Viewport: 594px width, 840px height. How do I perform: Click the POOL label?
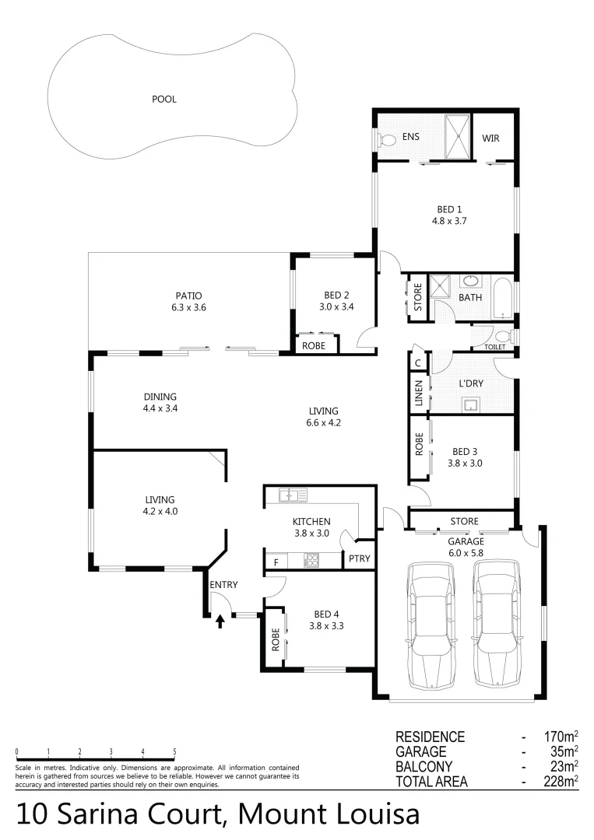[164, 99]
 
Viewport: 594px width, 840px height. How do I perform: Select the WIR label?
[490, 138]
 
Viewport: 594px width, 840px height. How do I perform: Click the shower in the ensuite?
[458, 136]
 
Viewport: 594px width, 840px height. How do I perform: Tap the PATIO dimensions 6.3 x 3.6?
[188, 307]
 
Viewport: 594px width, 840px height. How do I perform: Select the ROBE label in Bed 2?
[315, 346]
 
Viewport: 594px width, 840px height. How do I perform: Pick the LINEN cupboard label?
[419, 393]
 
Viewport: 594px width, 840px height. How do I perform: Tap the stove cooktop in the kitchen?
[311, 559]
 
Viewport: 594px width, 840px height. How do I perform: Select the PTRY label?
[360, 559]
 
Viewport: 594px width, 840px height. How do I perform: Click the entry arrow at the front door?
[220, 621]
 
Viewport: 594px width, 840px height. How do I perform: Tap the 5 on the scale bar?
[174, 751]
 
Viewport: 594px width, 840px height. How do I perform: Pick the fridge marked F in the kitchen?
[275, 560]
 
